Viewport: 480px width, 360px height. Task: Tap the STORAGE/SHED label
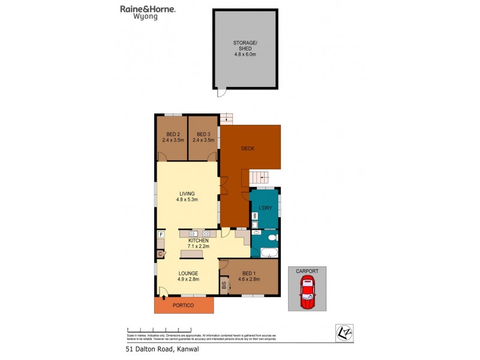pos(245,46)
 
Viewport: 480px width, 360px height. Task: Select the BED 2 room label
pos(172,133)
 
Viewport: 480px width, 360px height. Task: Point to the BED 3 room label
pos(203,133)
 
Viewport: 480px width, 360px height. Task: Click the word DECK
pos(248,148)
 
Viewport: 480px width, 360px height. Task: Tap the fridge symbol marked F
pos(161,235)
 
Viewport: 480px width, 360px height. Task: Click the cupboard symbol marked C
pos(161,254)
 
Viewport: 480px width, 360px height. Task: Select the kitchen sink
pos(194,233)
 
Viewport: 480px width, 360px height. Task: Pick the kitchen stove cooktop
pos(206,233)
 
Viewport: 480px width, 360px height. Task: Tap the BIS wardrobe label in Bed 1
pos(224,286)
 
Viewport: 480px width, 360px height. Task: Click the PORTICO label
pos(184,306)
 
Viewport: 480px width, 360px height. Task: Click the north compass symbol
pos(343,332)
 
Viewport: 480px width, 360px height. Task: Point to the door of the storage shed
pos(221,94)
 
